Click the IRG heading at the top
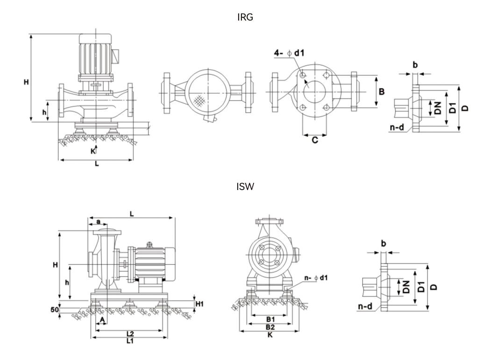[x=245, y=17]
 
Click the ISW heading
[x=245, y=187]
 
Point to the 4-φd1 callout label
[x=289, y=53]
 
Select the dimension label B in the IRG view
[x=382, y=92]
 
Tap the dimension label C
[x=315, y=140]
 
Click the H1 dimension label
[x=199, y=304]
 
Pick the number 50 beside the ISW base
[x=55, y=309]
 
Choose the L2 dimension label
[x=130, y=334]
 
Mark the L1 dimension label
[x=130, y=341]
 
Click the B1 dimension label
[x=270, y=319]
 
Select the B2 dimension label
[x=270, y=327]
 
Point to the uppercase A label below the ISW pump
[x=102, y=320]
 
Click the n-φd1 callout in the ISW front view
[x=316, y=278]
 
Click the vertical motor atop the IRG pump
[x=96, y=55]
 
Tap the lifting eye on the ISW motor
[x=149, y=244]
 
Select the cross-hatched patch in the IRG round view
[x=200, y=100]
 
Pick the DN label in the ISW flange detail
[x=406, y=287]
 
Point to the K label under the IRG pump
[x=93, y=151]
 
